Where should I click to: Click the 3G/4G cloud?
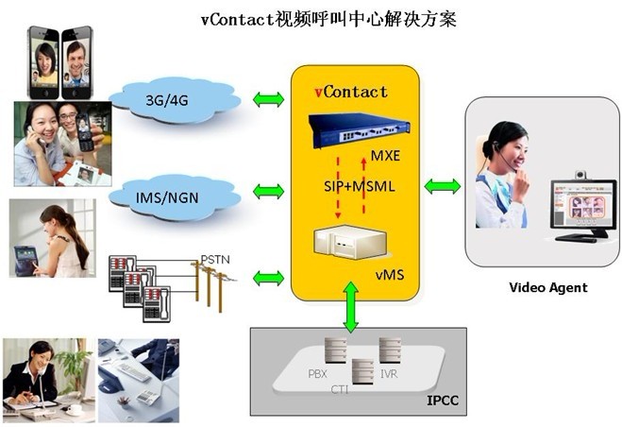click(x=168, y=100)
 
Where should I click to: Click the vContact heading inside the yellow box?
click(x=350, y=92)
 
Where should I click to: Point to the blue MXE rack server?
click(x=354, y=128)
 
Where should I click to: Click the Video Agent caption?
click(x=547, y=287)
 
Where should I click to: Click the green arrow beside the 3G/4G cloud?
click(x=268, y=98)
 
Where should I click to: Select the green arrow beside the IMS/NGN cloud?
click(x=268, y=192)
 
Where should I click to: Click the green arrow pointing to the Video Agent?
click(x=442, y=186)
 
